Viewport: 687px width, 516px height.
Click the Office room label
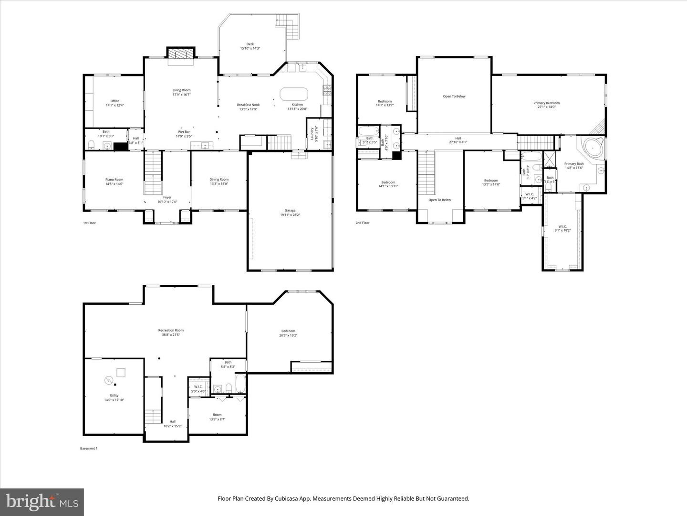114,103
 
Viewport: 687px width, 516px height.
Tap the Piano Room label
114,182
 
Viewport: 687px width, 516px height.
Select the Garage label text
290,213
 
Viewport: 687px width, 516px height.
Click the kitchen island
295,94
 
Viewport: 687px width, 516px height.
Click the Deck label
250,46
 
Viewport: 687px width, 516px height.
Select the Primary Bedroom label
546,105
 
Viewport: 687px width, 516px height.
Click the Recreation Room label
171,332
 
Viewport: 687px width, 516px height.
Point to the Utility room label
114,398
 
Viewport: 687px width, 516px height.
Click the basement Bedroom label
288,333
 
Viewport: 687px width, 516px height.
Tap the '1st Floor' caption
90,223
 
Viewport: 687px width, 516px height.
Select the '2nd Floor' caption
362,223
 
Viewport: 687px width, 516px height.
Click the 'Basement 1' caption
88,448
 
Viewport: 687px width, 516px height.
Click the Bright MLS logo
42,502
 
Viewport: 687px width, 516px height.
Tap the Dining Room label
219,182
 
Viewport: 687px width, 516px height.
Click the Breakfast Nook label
248,107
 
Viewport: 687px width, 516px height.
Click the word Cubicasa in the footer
286,498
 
